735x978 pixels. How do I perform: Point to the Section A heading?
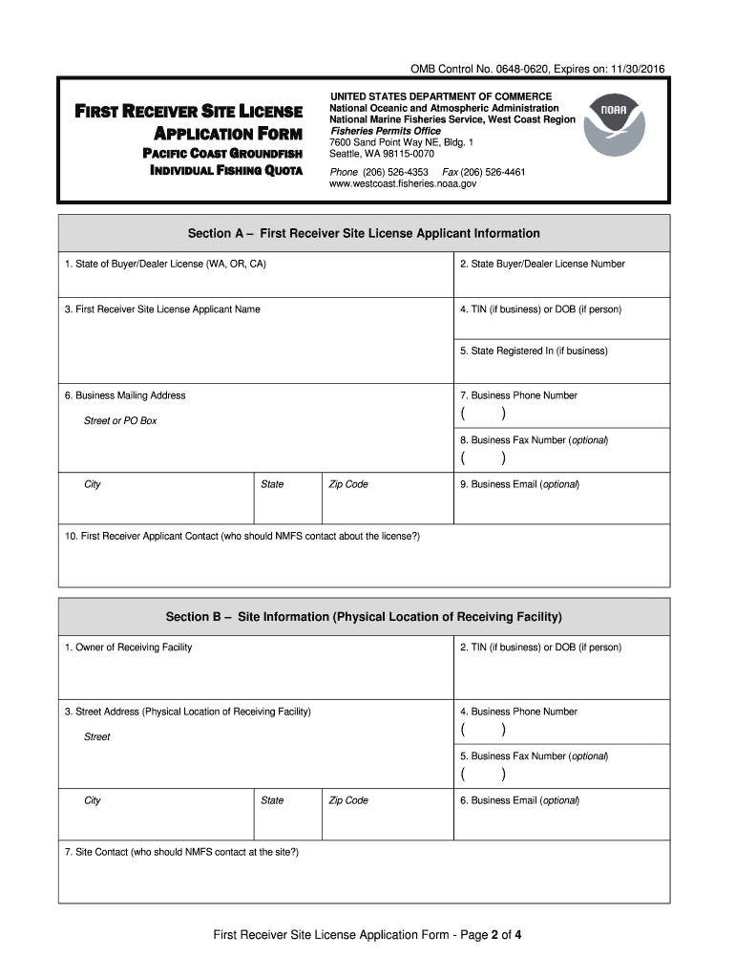[364, 234]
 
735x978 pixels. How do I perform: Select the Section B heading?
[364, 617]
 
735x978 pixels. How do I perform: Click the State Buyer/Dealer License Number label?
[541, 264]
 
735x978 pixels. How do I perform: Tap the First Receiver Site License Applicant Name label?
[162, 309]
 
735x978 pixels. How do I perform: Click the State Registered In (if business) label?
[534, 351]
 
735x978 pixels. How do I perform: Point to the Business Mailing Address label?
[125, 395]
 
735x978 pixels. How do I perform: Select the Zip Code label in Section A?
[348, 484]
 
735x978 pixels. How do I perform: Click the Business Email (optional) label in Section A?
[519, 484]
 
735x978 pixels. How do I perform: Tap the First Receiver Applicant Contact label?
[242, 537]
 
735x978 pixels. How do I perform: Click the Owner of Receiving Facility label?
[128, 648]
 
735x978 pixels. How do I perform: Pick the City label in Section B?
[93, 800]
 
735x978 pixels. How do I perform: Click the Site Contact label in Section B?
[181, 851]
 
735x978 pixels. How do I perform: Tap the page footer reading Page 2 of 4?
[367, 936]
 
